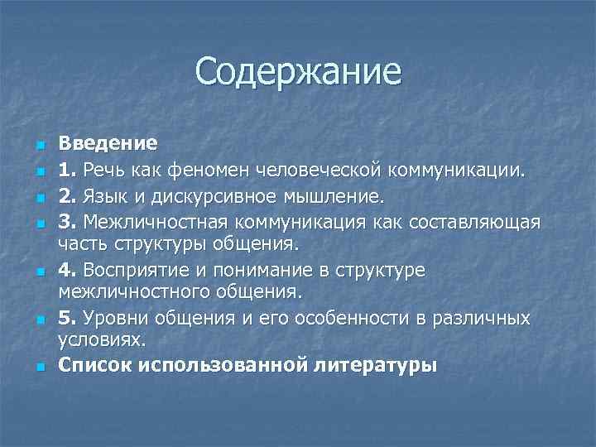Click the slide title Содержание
click(298, 71)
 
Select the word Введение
click(108, 143)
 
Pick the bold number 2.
click(67, 197)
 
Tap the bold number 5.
click(67, 319)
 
